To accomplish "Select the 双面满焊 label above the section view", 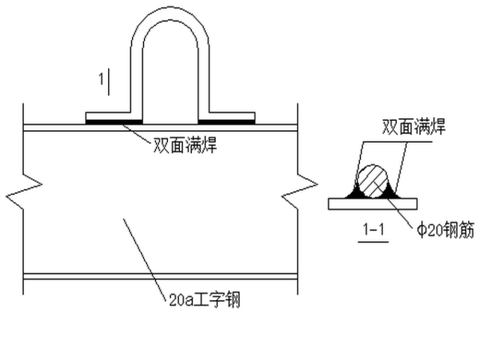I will click(414, 127).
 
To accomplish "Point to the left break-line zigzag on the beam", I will click(32, 186).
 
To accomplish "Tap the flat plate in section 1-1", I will click(373, 203).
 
